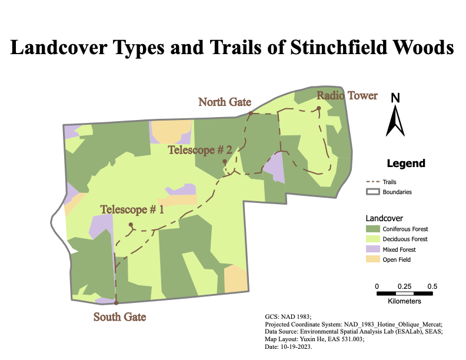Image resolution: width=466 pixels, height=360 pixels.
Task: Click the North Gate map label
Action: click(225, 102)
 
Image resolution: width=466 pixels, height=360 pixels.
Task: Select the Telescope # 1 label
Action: click(132, 209)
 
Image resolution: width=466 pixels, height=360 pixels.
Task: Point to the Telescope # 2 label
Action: click(199, 150)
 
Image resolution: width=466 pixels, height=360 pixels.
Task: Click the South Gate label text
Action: click(119, 317)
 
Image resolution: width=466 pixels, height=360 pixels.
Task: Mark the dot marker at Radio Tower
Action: click(318, 108)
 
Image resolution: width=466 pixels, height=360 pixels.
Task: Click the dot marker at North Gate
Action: click(250, 113)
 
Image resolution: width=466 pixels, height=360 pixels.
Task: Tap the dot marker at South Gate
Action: click(116, 303)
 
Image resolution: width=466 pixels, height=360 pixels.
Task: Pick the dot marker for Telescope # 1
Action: click(131, 225)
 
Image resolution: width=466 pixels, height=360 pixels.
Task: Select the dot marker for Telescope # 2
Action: click(225, 162)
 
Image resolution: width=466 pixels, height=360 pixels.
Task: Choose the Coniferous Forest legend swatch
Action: click(372, 228)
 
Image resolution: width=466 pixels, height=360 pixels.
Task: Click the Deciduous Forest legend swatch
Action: click(372, 239)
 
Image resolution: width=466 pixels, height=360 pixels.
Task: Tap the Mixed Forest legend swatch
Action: click(372, 249)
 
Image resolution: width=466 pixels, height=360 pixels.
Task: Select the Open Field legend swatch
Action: click(372, 259)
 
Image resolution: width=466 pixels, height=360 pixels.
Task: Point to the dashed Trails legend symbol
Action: click(372, 182)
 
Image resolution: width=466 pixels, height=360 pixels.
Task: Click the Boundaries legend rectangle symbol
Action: click(372, 192)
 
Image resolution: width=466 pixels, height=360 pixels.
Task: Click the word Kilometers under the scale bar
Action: click(404, 301)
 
